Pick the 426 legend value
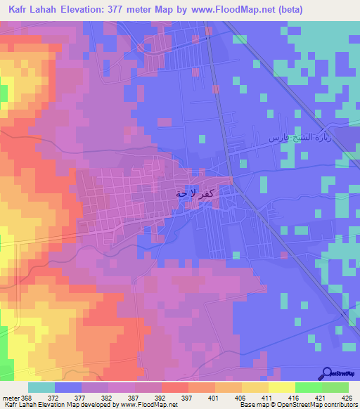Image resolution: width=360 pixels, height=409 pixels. point(345,398)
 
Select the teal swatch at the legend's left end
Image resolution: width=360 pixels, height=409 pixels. point(41,387)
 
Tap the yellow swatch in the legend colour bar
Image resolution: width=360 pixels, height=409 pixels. point(281,387)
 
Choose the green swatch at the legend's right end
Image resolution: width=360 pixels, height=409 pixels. point(335,387)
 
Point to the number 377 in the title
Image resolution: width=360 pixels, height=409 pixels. point(146,11)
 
